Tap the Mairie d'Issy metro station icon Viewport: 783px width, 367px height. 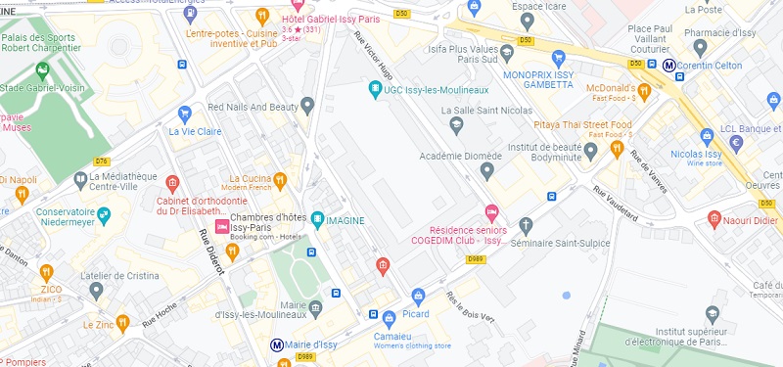coord(277,344)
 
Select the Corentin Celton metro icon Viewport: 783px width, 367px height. coord(669,66)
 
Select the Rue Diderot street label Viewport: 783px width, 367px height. coord(211,251)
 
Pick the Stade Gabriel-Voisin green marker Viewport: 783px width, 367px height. coord(42,70)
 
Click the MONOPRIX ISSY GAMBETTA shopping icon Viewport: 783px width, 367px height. coord(559,58)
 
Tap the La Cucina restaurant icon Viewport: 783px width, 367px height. coord(280,180)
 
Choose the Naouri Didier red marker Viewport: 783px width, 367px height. coord(715,216)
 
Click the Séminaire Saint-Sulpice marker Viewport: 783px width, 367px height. coord(527,224)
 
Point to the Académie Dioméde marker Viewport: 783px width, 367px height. coord(487,171)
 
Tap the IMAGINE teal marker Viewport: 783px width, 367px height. coord(317,220)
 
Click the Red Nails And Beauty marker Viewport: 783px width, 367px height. coord(307,105)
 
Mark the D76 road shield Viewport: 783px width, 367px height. coord(102,161)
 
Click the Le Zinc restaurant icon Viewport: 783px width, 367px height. coord(122,322)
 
